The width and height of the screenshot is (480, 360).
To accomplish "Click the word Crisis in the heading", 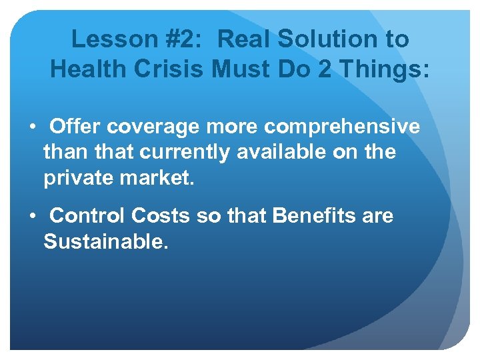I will tap(171, 69).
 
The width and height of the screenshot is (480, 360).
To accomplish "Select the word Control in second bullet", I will tap(87, 216).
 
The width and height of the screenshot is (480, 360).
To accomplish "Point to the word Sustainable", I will tap(105, 241).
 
